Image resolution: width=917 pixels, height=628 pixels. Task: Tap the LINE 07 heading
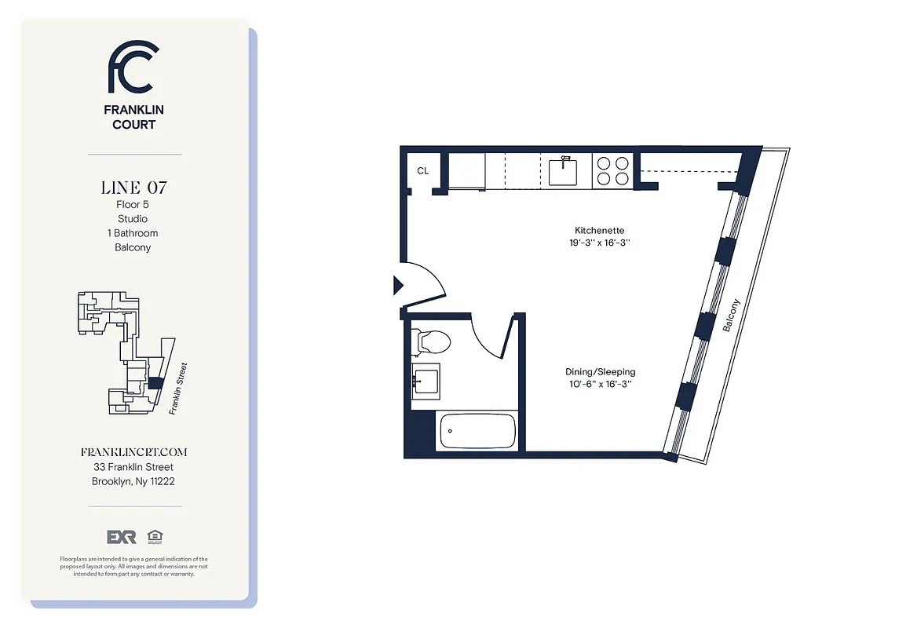(x=133, y=188)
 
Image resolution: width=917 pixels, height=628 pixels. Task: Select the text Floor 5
(x=133, y=205)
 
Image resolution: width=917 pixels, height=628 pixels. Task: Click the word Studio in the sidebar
(x=133, y=219)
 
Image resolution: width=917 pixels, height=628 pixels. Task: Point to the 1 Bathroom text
(x=133, y=233)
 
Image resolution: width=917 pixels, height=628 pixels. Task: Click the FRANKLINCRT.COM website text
(x=133, y=453)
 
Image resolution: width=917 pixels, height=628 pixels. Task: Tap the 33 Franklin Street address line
(x=133, y=467)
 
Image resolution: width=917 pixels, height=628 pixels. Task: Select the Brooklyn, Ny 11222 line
(x=133, y=481)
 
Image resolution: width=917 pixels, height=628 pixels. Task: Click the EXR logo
(x=122, y=537)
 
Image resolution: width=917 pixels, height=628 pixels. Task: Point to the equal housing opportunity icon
(x=154, y=537)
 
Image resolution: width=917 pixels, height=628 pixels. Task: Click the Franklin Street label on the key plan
(x=177, y=388)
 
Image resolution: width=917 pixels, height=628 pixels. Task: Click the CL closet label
(x=423, y=171)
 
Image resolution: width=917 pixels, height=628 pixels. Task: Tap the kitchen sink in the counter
(x=563, y=171)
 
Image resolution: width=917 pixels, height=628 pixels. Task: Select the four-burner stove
(x=612, y=171)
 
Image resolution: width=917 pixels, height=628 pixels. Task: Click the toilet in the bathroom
(x=432, y=341)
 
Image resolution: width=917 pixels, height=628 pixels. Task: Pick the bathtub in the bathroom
(x=477, y=430)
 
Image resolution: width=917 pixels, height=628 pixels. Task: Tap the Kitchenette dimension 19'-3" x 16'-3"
(x=600, y=243)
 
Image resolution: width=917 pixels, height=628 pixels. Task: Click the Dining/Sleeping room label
(x=600, y=371)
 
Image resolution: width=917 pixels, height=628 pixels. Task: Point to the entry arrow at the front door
(x=397, y=285)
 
